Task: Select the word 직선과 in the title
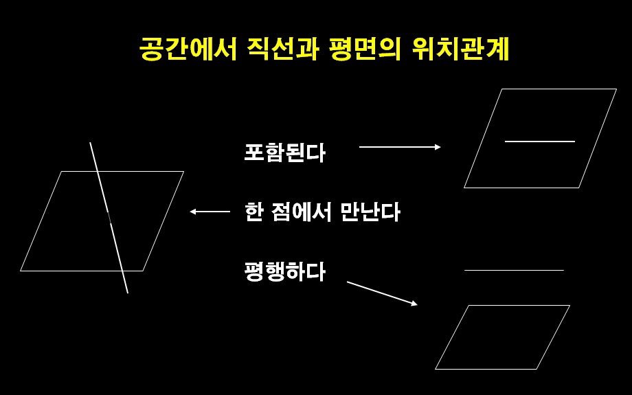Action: click(x=281, y=50)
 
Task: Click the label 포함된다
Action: click(x=284, y=152)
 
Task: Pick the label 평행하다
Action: click(x=284, y=272)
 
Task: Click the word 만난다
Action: click(x=370, y=212)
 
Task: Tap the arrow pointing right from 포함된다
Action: click(x=399, y=147)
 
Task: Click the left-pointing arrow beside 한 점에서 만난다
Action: click(x=210, y=212)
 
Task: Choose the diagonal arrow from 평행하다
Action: click(x=382, y=293)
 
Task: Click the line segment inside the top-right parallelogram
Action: click(x=539, y=142)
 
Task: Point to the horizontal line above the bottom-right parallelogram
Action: click(x=514, y=271)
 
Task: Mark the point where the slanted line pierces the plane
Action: click(x=109, y=218)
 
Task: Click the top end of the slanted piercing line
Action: click(x=90, y=143)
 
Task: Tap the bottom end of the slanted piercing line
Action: click(x=128, y=293)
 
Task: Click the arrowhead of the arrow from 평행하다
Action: click(x=414, y=303)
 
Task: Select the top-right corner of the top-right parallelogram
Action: click(x=616, y=89)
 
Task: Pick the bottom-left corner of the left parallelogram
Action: click(x=21, y=271)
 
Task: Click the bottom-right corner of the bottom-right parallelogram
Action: click(x=537, y=369)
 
